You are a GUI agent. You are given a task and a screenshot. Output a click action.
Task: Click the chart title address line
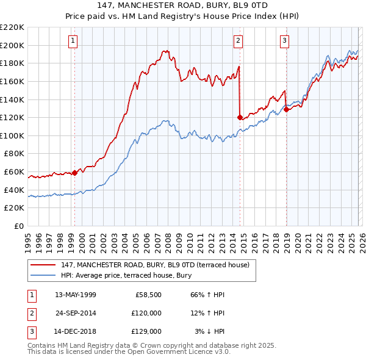[182, 5]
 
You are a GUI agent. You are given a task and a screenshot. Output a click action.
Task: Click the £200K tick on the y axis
[12, 45]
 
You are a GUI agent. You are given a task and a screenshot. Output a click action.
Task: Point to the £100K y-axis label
[12, 135]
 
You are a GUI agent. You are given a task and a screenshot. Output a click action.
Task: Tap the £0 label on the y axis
[18, 226]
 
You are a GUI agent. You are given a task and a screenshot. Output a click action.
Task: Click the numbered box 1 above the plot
[73, 41]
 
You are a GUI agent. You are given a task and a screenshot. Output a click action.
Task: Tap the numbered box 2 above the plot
[238, 41]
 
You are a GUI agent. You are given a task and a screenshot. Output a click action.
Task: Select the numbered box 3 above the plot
[284, 41]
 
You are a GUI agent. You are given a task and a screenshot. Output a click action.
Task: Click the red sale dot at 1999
[75, 173]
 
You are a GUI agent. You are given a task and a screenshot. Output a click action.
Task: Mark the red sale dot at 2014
[240, 117]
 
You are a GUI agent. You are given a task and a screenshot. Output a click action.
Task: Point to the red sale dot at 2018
[286, 109]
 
